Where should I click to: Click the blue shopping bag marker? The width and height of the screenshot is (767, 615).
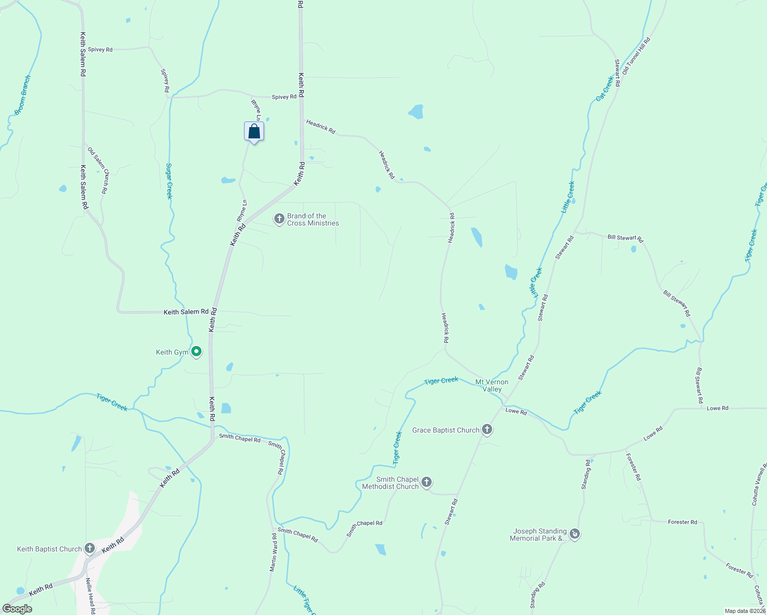point(254,132)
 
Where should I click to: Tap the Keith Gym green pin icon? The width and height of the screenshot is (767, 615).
point(196,352)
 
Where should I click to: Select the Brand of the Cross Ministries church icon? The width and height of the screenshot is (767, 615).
point(279,219)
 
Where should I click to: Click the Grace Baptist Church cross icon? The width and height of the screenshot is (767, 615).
point(487,430)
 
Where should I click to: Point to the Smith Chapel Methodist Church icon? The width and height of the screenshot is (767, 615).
point(426,482)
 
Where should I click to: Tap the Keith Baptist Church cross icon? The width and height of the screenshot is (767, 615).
point(90,549)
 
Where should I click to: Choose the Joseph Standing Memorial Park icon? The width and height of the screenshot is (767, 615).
point(575,535)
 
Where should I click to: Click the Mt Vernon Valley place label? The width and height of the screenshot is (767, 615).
point(492,385)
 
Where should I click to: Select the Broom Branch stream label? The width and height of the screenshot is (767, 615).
point(23,95)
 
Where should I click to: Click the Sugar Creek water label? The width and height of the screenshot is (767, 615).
point(169,181)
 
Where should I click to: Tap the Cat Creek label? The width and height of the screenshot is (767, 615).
point(605,89)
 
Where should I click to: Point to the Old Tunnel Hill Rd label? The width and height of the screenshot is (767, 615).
point(636,55)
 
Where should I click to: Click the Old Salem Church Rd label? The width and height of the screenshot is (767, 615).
point(98,171)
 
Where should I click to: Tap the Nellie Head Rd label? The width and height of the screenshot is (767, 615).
point(90,596)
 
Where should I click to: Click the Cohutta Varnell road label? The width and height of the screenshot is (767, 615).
point(758,484)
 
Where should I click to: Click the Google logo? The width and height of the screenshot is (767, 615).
point(17,609)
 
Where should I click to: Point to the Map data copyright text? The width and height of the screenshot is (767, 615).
point(745,611)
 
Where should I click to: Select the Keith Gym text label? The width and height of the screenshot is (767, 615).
point(172,352)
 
